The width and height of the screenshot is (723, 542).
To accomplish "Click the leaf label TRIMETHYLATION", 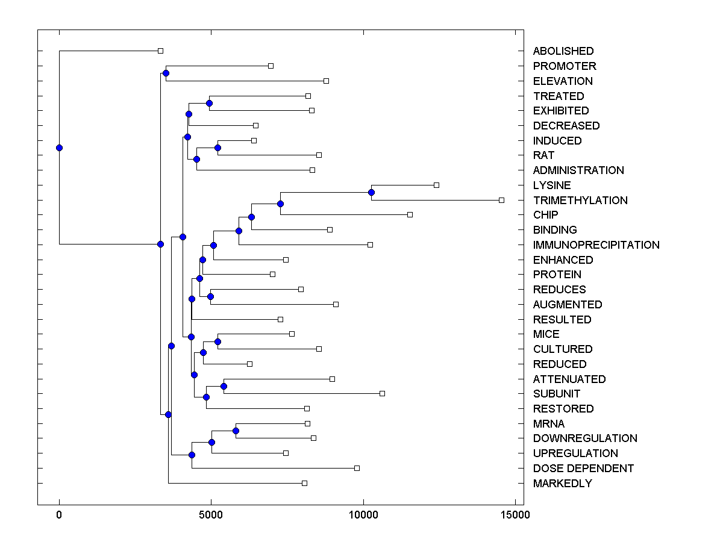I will (x=580, y=200).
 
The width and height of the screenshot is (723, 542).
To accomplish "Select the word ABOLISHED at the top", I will (x=563, y=51).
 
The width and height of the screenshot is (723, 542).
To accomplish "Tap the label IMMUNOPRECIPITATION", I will (x=596, y=245).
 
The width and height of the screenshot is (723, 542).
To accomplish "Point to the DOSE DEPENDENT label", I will (x=583, y=469).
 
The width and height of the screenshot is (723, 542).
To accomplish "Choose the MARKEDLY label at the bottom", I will (x=562, y=484).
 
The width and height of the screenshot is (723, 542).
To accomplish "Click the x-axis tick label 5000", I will (x=211, y=515).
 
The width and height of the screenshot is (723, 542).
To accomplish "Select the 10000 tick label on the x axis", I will (x=363, y=515).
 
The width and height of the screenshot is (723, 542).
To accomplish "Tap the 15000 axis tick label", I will (x=515, y=515).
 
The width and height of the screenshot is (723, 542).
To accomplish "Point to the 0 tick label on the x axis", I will (x=59, y=515).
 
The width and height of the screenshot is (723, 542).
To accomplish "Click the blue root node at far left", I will (x=59, y=148).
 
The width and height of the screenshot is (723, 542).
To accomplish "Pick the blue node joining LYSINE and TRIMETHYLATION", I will (x=371, y=193).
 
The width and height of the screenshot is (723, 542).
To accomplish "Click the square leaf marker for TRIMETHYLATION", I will (x=501, y=200).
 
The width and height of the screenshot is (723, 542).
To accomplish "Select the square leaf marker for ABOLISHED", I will (x=160, y=51).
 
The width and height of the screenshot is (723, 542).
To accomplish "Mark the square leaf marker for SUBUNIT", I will (x=382, y=393).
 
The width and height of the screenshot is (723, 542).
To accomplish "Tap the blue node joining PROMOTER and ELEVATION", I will (x=166, y=73).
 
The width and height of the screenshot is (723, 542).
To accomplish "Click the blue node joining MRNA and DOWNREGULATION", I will (x=236, y=431).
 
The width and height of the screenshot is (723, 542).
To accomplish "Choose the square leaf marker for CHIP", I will (x=410, y=214).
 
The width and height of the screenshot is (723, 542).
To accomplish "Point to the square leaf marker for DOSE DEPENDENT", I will (x=357, y=468).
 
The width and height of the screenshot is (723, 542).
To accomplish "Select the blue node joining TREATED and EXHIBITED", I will (x=209, y=103).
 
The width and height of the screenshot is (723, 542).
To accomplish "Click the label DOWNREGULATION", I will (x=585, y=438).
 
